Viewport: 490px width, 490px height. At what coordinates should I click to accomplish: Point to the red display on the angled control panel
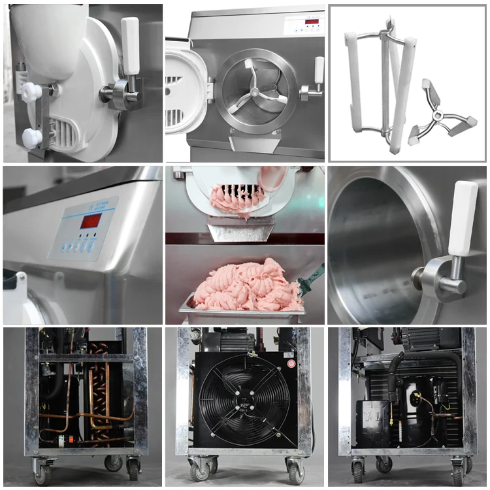coord(90,220)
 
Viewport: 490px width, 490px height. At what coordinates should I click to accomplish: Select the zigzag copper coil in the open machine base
coord(98,385)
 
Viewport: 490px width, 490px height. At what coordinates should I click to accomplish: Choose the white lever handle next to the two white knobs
coord(130,45)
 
